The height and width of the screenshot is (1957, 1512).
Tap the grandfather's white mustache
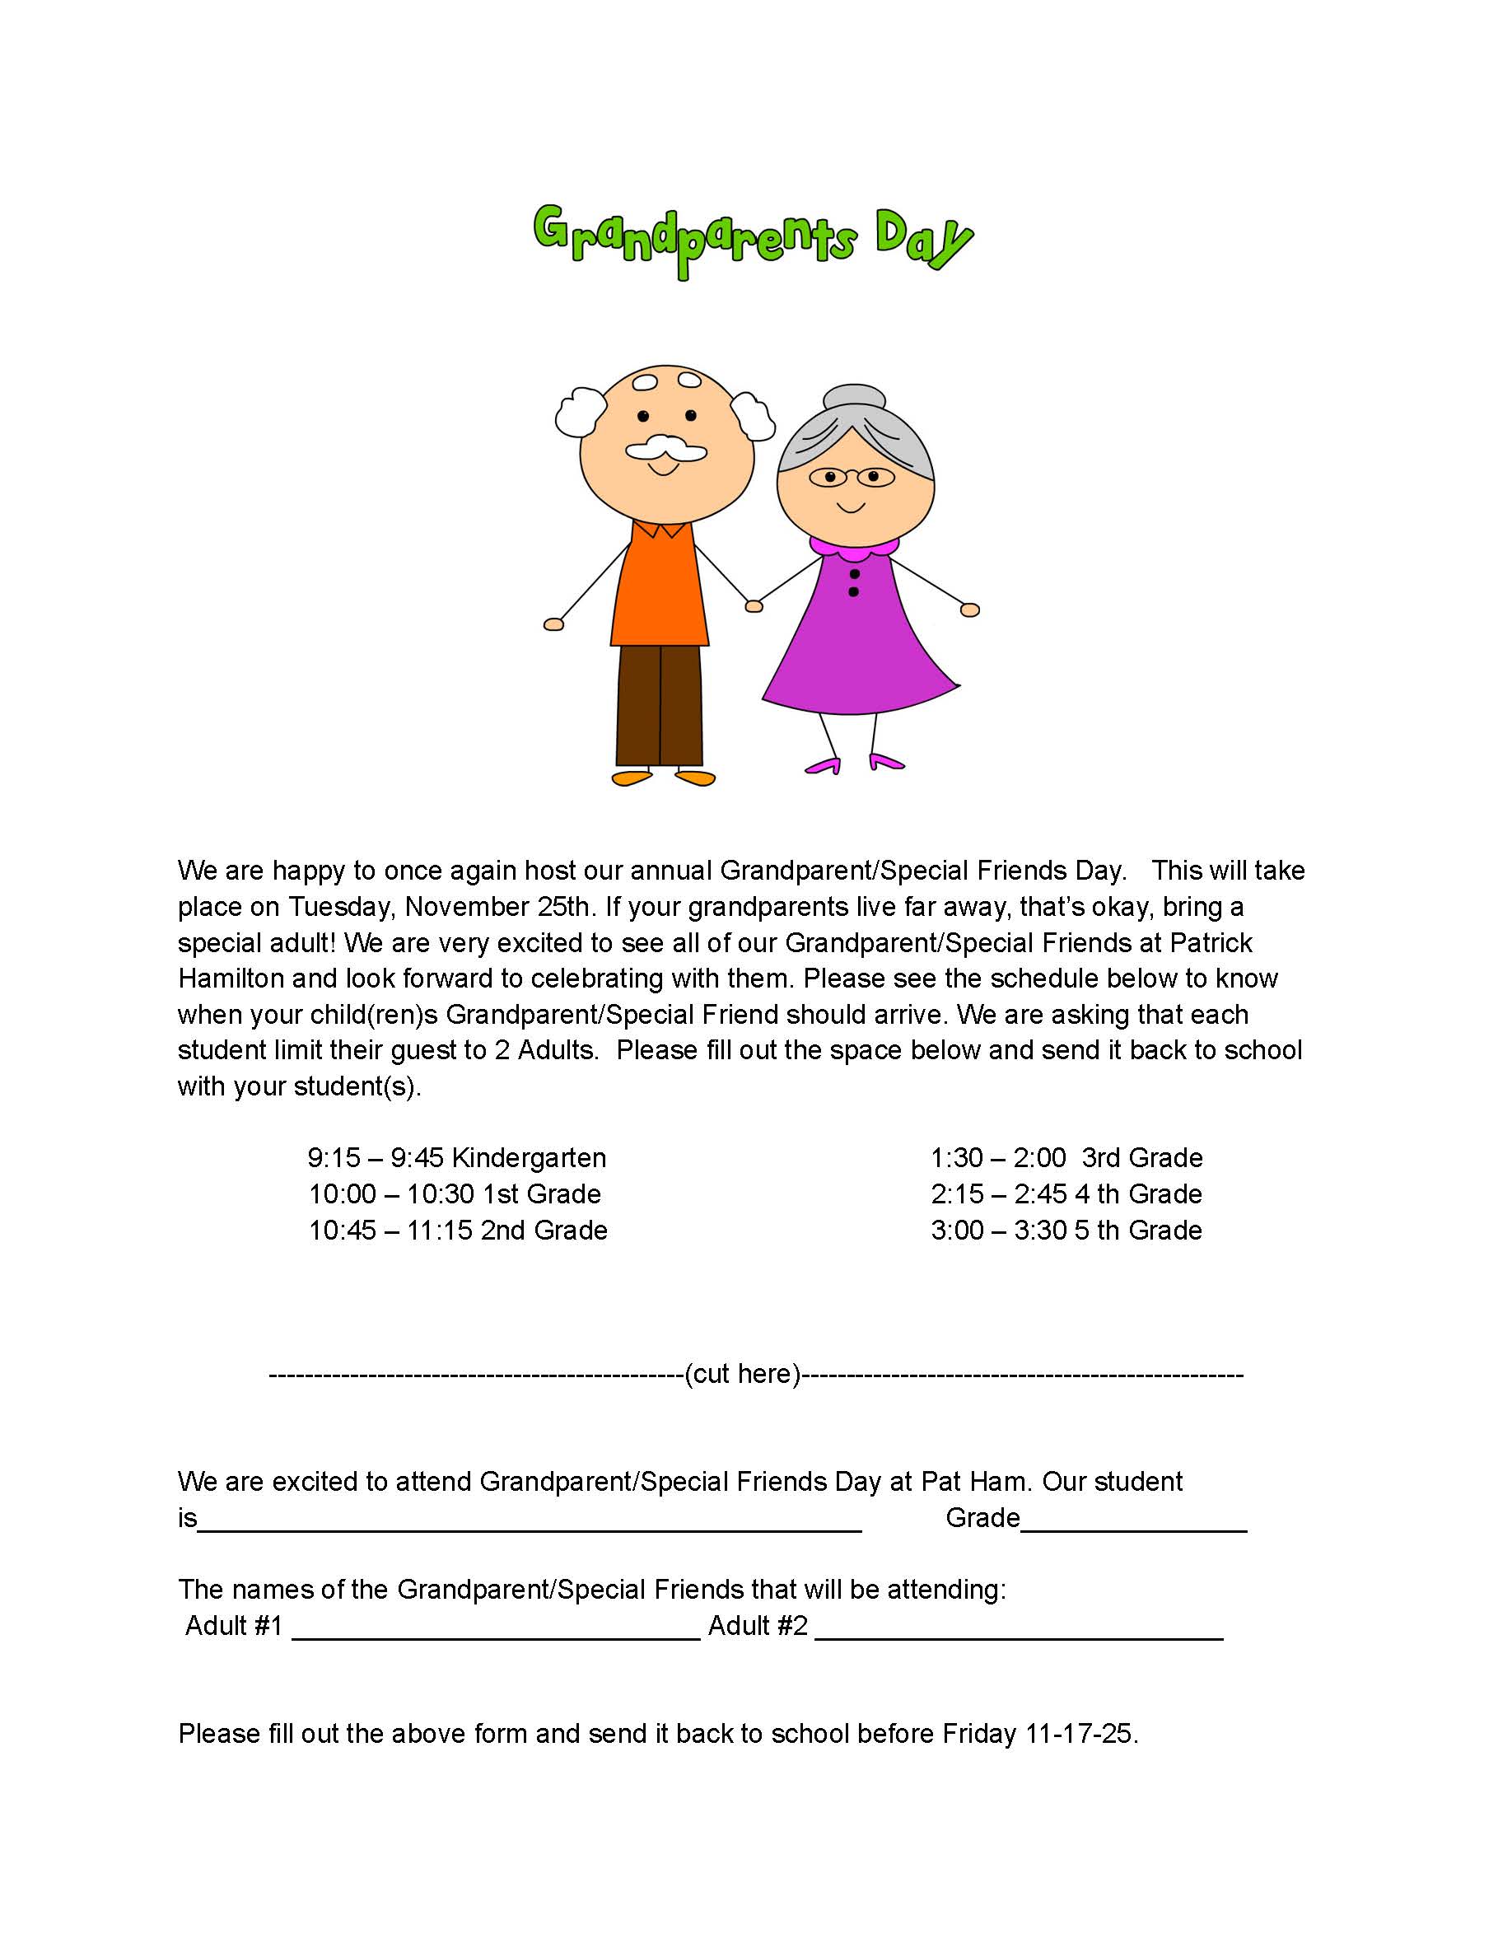[665, 448]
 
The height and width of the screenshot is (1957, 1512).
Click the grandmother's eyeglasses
[851, 477]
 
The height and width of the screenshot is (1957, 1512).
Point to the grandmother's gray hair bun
[855, 396]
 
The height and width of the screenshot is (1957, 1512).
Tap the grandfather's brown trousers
[660, 704]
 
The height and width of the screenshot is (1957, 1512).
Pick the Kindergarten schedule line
[457, 1158]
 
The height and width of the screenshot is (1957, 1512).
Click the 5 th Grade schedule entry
[1066, 1230]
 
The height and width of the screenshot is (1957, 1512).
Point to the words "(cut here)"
[743, 1374]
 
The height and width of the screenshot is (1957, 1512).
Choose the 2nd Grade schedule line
[458, 1230]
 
